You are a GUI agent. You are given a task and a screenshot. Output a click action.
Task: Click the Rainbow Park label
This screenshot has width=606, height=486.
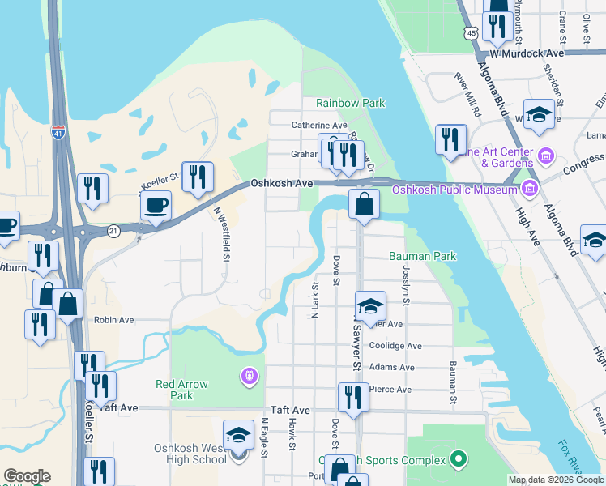(350, 103)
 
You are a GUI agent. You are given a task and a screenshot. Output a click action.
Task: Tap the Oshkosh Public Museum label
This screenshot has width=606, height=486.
(454, 190)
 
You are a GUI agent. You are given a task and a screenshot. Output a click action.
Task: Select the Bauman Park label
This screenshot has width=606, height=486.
(422, 256)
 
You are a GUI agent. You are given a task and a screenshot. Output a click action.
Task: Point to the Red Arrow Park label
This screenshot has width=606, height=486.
(182, 390)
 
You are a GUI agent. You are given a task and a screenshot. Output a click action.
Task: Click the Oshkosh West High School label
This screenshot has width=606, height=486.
(190, 454)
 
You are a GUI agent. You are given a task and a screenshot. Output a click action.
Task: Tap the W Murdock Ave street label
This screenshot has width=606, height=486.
(532, 53)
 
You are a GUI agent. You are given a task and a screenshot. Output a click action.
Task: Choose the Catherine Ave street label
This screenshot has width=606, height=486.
(319, 126)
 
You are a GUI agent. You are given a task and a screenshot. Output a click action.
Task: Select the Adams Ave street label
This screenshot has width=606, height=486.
(391, 367)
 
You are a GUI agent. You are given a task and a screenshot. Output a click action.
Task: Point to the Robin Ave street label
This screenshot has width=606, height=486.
(114, 320)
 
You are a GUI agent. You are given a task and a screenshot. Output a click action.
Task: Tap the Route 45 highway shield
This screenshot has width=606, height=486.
(471, 32)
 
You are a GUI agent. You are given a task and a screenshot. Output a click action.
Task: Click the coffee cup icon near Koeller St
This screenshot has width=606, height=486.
(156, 205)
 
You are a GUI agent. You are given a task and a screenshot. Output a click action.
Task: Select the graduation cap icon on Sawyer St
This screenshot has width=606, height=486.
(370, 306)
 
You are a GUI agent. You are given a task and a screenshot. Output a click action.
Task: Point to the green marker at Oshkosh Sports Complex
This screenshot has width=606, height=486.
(458, 461)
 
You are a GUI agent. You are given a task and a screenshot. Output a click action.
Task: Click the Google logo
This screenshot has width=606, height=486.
(27, 476)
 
